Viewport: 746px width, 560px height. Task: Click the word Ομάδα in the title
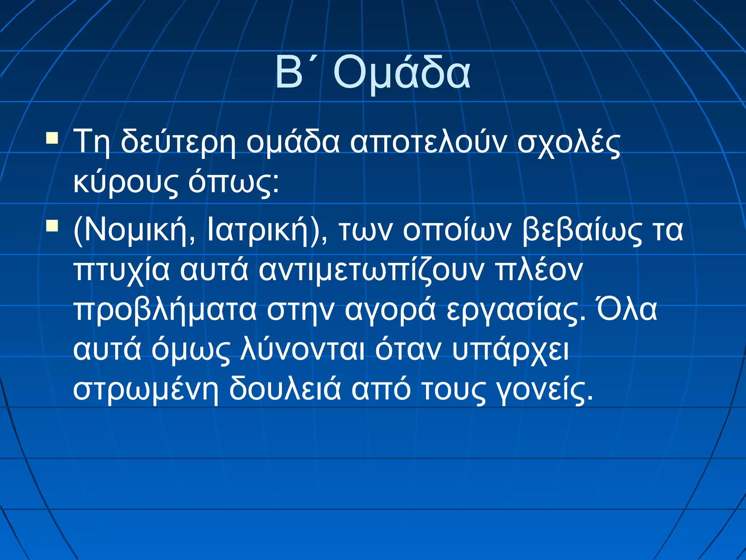pyautogui.click(x=402, y=73)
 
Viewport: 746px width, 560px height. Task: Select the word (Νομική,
pyautogui.click(x=134, y=230)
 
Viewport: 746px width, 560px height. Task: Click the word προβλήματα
pyautogui.click(x=165, y=311)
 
